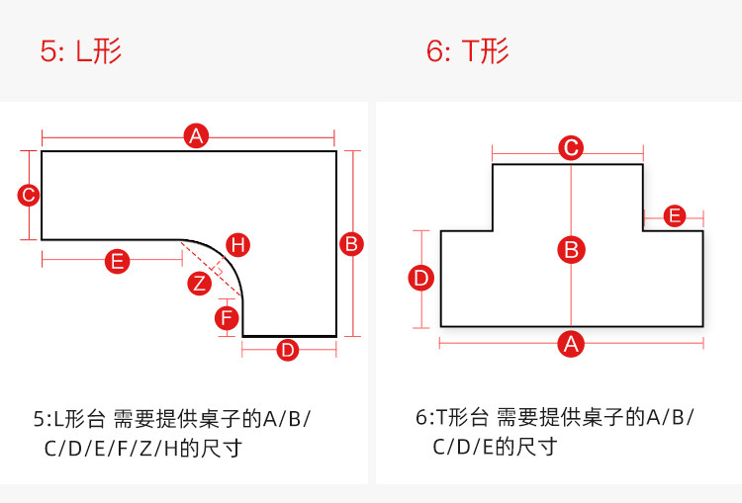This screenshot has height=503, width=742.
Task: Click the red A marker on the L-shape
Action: click(x=196, y=136)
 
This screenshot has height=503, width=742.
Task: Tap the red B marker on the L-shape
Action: click(x=351, y=243)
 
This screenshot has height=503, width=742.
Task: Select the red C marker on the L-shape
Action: click(x=29, y=195)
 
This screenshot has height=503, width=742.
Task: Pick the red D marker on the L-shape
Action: click(x=287, y=349)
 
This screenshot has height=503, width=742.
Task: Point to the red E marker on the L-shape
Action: click(x=117, y=262)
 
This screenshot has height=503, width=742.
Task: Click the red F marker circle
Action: click(x=228, y=318)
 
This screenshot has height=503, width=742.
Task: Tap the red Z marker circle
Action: click(x=200, y=284)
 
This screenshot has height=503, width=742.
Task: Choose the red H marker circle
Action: click(x=237, y=244)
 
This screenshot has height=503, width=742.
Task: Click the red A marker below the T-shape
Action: click(x=570, y=343)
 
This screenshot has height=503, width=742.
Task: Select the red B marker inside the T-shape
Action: click(x=571, y=249)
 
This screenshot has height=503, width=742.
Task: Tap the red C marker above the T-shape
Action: click(x=571, y=148)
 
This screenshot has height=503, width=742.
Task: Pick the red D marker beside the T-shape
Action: click(x=422, y=279)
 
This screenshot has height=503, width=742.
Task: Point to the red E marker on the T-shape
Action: click(x=675, y=215)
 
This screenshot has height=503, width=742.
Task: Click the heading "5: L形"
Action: click(x=81, y=51)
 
